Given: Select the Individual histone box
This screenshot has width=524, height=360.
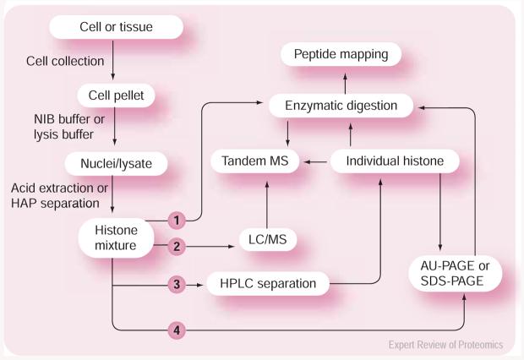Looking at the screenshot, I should (x=385, y=160).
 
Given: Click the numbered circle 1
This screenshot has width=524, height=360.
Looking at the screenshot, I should (x=176, y=219).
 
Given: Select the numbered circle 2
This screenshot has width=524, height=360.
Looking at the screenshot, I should (x=176, y=246).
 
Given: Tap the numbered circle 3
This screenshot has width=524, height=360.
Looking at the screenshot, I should (x=176, y=284).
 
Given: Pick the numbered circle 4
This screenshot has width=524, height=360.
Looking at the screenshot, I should (x=176, y=329).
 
